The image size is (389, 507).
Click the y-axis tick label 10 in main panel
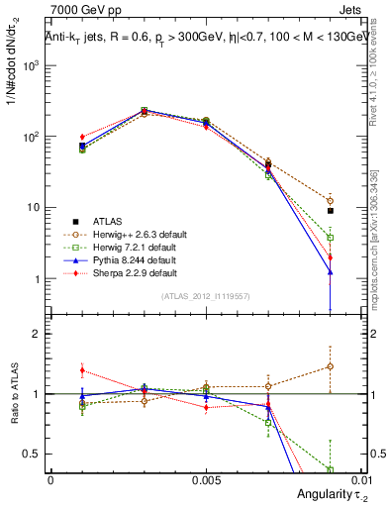point(35,208)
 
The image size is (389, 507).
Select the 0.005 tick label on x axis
point(205,478)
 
